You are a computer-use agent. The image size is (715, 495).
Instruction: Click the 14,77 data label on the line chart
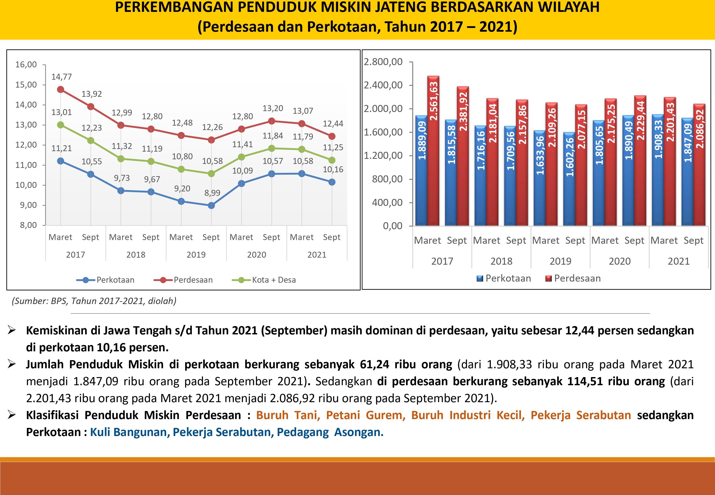click(x=61, y=77)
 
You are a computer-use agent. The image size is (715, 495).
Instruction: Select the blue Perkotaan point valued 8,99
click(x=211, y=205)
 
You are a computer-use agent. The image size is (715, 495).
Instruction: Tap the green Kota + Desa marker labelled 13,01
click(x=60, y=125)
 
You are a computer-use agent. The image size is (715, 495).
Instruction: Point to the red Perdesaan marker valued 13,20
click(x=272, y=121)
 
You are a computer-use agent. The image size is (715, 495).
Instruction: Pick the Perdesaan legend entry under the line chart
click(x=183, y=280)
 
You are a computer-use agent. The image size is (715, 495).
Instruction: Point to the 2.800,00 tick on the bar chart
click(x=383, y=62)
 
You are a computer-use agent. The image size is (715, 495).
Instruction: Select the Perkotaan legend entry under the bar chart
click(x=504, y=279)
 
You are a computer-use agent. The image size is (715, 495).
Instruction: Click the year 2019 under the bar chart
click(x=560, y=261)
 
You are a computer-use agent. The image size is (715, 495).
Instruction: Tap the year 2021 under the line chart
click(x=317, y=255)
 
